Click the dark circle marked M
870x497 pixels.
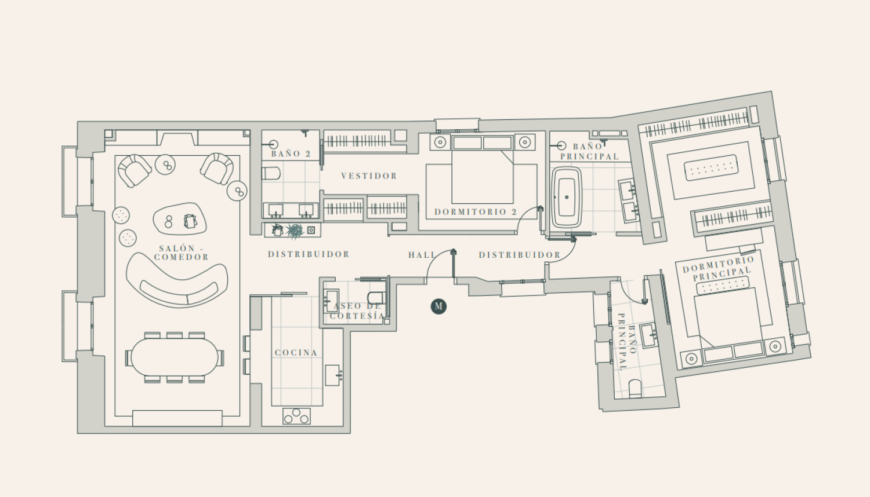click(438, 306)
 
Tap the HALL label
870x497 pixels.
click(422, 255)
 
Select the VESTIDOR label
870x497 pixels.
click(369, 176)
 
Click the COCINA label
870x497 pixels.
click(296, 353)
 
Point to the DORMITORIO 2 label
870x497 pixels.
click(476, 212)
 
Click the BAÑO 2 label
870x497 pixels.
click(291, 154)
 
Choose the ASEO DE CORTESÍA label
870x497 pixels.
click(357, 311)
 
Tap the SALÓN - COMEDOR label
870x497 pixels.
click(182, 253)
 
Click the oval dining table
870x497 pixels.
click(175, 357)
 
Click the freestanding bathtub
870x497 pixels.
click(567, 197)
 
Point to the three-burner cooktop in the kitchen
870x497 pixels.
click(297, 416)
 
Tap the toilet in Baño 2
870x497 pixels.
click(271, 173)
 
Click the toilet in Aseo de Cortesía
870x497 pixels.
click(376, 298)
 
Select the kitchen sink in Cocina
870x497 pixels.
click(332, 375)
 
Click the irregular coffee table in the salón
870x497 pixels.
click(179, 219)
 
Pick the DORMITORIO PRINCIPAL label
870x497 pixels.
click(719, 268)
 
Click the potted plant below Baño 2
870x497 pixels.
click(295, 231)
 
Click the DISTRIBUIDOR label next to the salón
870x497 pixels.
click(309, 254)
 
